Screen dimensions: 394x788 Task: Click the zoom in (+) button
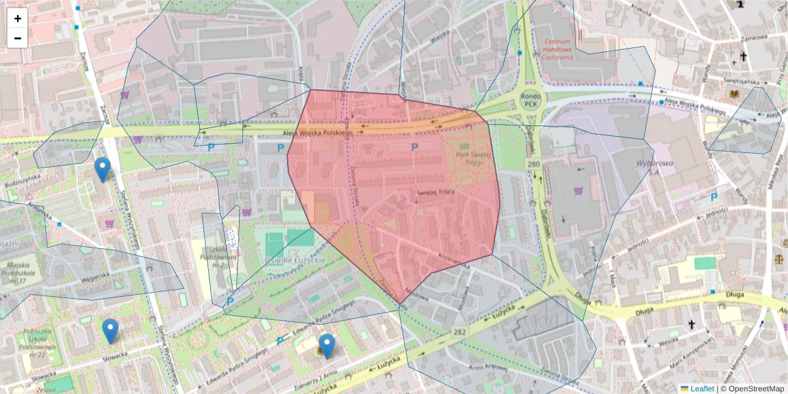18,18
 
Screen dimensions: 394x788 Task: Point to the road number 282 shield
459,332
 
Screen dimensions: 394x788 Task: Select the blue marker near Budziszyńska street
102,169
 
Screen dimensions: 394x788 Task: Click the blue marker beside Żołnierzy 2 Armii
326,345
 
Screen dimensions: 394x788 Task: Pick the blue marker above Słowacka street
110,331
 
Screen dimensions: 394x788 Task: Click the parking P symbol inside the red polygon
414,148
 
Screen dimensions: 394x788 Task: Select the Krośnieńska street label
453,261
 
